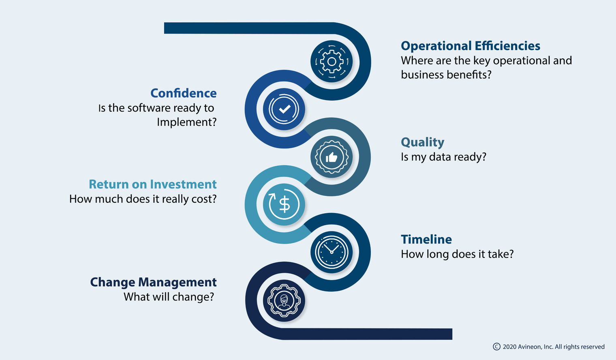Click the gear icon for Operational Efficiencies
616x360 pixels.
(x=332, y=61)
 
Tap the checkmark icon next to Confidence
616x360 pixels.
(x=284, y=109)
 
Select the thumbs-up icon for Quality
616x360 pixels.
(x=332, y=157)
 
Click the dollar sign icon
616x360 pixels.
(x=284, y=205)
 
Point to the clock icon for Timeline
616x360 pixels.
(x=332, y=252)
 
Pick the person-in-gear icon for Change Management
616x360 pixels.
(x=284, y=300)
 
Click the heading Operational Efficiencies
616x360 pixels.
(x=471, y=46)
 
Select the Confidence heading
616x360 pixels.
(x=184, y=93)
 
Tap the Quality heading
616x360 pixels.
(x=422, y=142)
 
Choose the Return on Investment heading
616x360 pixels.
(x=153, y=184)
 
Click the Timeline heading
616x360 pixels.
(x=426, y=239)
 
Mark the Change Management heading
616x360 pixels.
(x=154, y=282)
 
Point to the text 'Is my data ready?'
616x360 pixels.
(x=444, y=157)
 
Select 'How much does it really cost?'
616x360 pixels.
(x=143, y=199)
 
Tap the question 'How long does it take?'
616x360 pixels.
(x=457, y=254)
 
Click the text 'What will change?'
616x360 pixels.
(x=169, y=297)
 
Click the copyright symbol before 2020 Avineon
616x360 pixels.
(x=497, y=347)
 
